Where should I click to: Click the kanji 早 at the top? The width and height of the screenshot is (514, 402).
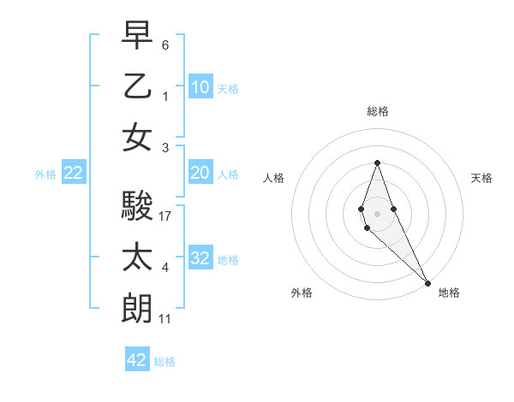point(137,36)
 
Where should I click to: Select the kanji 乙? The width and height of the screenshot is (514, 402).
point(137,86)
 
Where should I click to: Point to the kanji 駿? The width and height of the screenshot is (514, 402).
point(137,206)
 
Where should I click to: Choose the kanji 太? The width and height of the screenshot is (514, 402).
point(137,257)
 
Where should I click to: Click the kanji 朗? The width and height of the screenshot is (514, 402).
point(137,308)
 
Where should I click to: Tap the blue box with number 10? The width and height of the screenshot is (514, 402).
point(200,86)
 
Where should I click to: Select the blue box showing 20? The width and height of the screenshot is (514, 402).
point(200,173)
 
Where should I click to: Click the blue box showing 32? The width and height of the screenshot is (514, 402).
point(200,258)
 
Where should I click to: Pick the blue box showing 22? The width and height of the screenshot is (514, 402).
point(74,173)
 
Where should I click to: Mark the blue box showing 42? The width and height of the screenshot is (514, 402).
point(137,360)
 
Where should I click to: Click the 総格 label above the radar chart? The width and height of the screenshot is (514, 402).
point(377,111)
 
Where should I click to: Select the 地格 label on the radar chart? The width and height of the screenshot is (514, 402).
point(449,293)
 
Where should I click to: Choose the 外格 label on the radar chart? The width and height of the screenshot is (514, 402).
point(302,293)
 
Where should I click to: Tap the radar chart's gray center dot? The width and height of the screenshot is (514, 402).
point(377,211)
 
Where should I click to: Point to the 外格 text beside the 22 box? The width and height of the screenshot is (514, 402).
point(45,174)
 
